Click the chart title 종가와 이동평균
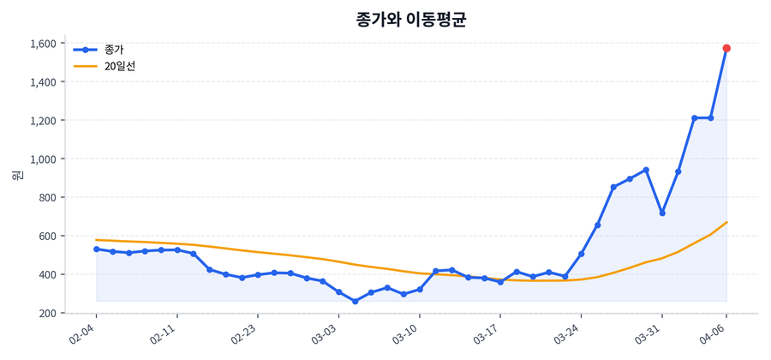(410, 20)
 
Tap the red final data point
(726, 48)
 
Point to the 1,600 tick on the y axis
(43, 44)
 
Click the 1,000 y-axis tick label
(43, 159)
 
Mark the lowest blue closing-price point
(355, 302)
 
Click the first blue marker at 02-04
(96, 249)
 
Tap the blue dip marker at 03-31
(662, 213)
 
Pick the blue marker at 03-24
(581, 254)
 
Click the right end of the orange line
(726, 222)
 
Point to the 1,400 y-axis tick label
(43, 82)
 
